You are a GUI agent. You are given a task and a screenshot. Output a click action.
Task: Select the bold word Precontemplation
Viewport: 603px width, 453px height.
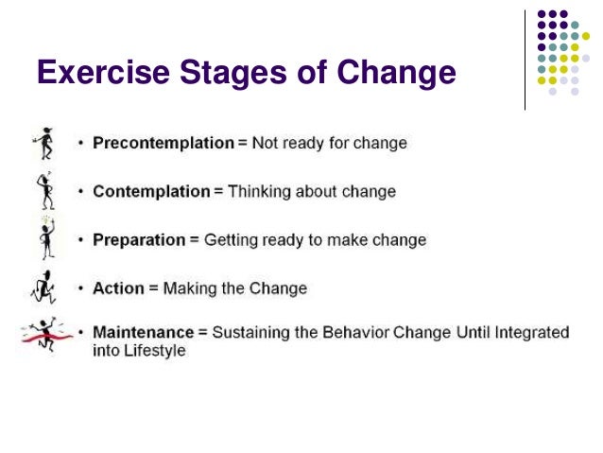(x=163, y=143)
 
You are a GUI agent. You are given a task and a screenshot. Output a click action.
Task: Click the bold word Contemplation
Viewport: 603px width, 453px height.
(x=151, y=191)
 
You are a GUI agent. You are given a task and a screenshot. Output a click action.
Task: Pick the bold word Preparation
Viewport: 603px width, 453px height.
(x=139, y=239)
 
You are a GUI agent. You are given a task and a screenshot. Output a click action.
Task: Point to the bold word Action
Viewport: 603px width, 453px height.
(x=118, y=287)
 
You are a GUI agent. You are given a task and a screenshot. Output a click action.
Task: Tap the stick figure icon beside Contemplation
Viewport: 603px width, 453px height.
(x=45, y=190)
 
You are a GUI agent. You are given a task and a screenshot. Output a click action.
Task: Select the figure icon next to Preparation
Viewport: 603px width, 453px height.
(x=45, y=237)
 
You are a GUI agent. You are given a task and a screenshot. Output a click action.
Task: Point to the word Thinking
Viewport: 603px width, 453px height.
(x=260, y=191)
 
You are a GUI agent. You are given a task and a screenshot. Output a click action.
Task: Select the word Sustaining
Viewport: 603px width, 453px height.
(x=251, y=333)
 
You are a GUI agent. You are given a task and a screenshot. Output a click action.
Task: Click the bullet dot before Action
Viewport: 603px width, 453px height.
(x=81, y=287)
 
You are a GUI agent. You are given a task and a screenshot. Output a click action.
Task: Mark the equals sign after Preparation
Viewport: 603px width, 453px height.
(x=195, y=239)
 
